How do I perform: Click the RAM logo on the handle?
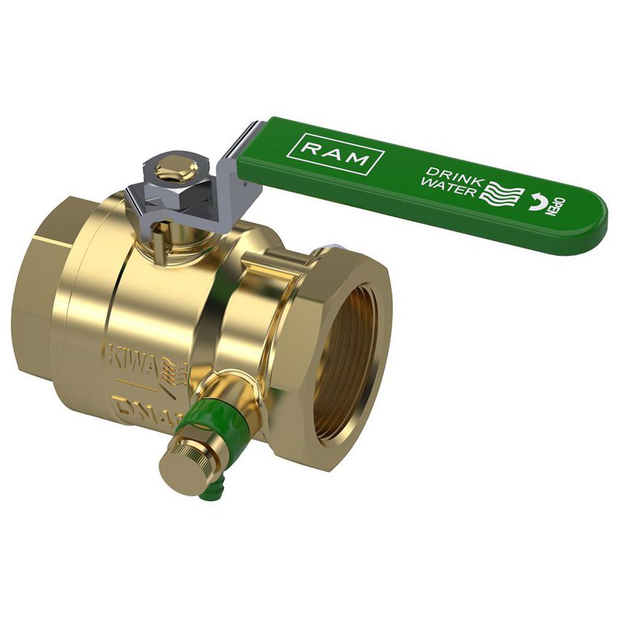pyautogui.click(x=336, y=154)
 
